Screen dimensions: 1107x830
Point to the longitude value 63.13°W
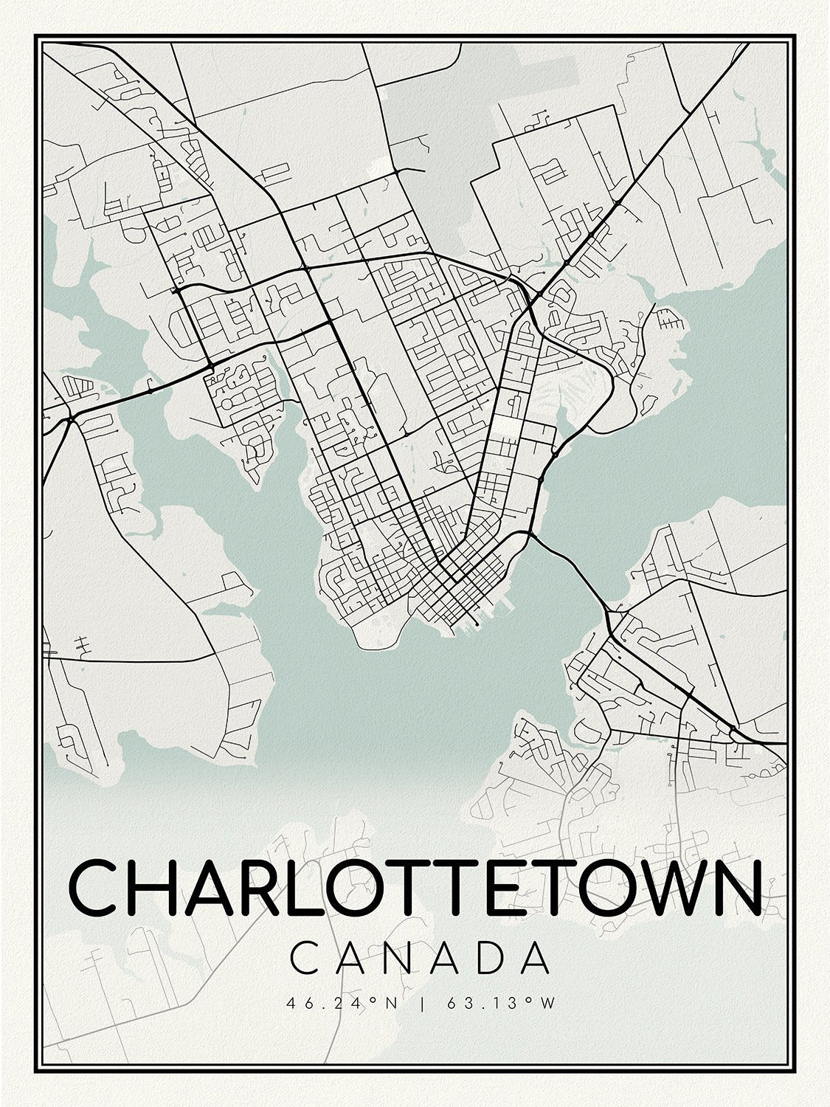point(500,1003)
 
